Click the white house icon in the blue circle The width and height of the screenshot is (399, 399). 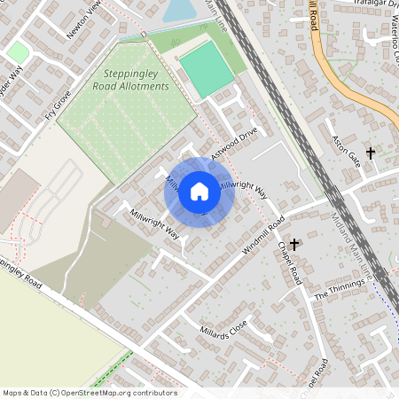tap(199, 191)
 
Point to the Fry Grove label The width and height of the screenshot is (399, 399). tap(59, 104)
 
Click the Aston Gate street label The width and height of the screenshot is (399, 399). tap(345, 148)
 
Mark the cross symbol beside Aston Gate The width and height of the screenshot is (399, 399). tap(371, 153)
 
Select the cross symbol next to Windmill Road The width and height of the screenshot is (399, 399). tap(293, 242)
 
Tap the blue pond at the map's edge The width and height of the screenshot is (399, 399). tap(178, 10)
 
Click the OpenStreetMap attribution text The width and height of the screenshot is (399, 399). tap(90, 392)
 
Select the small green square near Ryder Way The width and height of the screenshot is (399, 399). tap(18, 52)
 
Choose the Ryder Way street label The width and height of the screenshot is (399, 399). tap(9, 83)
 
